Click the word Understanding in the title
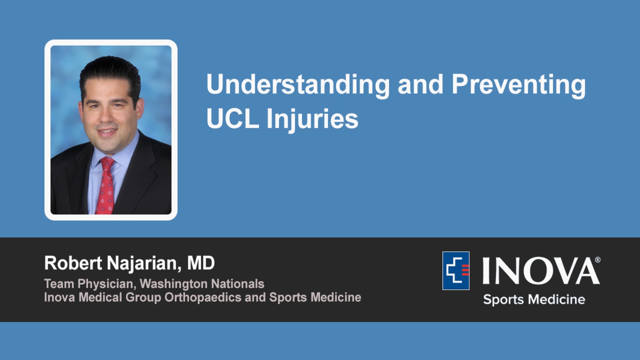tap(297, 85)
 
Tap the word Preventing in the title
tap(518, 85)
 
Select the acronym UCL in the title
tap(232, 119)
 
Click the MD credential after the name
tap(201, 263)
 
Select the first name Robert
tap(73, 263)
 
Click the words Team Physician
tap(88, 284)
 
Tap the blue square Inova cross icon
tap(456, 270)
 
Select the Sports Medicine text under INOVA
tap(534, 300)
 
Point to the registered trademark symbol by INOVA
tap(597, 260)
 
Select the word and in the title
tap(420, 85)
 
